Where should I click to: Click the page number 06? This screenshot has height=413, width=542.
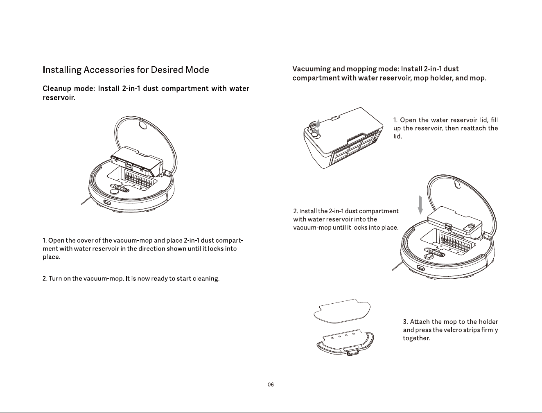click(x=271, y=385)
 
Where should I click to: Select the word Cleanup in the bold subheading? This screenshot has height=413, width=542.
click(x=57, y=89)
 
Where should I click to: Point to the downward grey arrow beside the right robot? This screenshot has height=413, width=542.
click(x=420, y=205)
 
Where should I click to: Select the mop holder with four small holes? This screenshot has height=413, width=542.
click(x=345, y=342)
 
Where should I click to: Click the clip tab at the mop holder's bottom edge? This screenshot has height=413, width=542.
click(x=352, y=353)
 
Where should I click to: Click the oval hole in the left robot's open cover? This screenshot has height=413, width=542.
click(x=142, y=125)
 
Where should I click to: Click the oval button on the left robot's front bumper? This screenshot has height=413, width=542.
click(x=107, y=203)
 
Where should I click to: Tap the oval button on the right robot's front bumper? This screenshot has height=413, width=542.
click(x=420, y=268)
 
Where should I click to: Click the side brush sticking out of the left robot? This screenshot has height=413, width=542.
click(x=86, y=201)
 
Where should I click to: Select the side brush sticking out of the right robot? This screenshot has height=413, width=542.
click(x=397, y=266)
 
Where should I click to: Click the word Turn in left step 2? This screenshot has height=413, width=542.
click(x=55, y=279)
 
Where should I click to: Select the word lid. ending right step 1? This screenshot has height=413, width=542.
click(x=397, y=136)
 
